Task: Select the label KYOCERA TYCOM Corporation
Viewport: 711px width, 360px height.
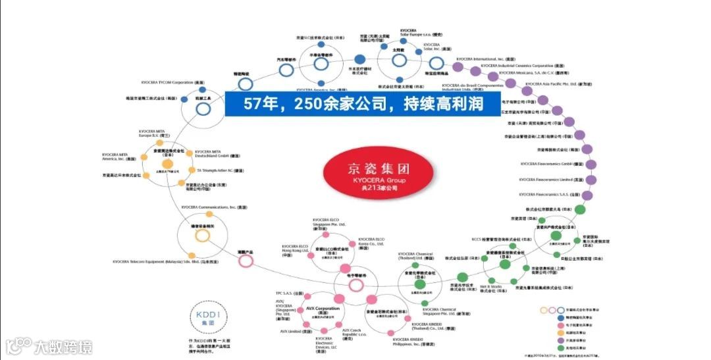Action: coord(172,82)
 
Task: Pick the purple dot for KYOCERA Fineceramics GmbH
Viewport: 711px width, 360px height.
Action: coord(591,165)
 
